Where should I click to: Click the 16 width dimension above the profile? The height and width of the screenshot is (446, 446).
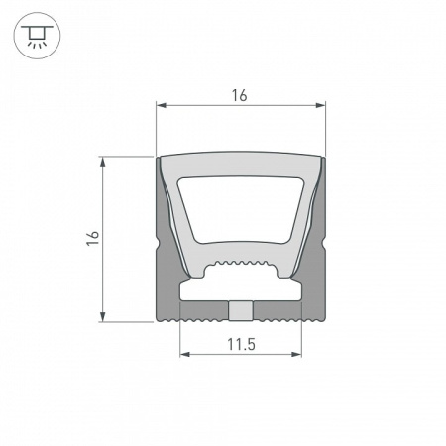[239, 95]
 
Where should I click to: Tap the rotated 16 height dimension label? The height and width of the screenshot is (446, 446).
[92, 238]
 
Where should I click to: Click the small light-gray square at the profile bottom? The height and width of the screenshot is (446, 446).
[239, 311]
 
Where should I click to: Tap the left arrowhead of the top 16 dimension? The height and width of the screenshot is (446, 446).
[162, 104]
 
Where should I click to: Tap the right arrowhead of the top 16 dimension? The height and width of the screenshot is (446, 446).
[321, 104]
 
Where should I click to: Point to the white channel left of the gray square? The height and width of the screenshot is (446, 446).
[204, 293]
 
